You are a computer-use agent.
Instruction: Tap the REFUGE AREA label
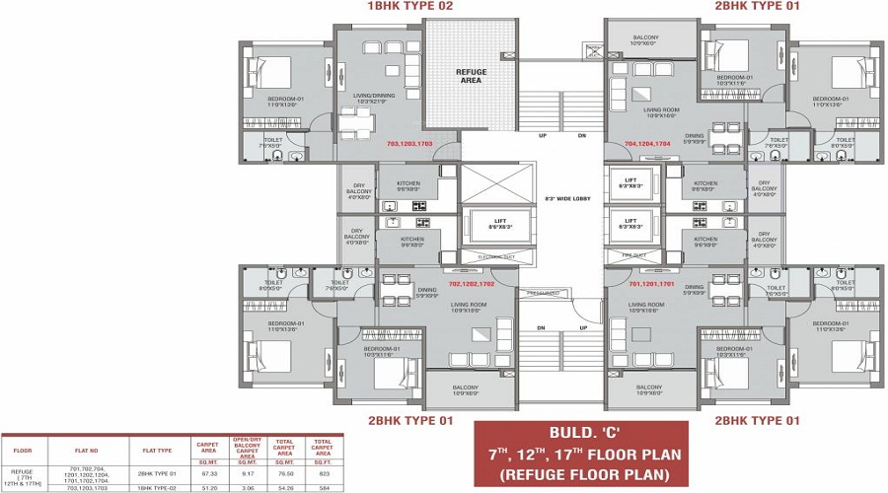tap(471, 76)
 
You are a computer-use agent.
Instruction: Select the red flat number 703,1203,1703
tap(409, 144)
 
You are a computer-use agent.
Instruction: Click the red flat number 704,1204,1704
tap(646, 144)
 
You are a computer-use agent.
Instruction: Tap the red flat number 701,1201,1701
tap(650, 283)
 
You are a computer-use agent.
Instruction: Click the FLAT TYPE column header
tap(157, 451)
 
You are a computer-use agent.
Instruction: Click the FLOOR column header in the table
tap(23, 451)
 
